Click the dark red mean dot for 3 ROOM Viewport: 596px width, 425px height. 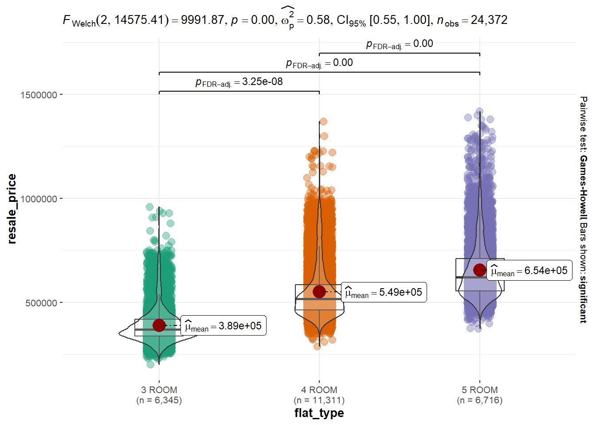(x=159, y=325)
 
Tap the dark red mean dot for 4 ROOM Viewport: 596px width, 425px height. (x=319, y=292)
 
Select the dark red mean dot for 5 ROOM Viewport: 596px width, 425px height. (x=479, y=270)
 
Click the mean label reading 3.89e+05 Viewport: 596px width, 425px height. (x=223, y=326)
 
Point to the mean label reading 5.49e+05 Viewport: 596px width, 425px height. (x=384, y=293)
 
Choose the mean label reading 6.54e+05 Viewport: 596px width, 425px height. (x=529, y=271)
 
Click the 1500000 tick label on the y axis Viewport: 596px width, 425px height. (x=39, y=95)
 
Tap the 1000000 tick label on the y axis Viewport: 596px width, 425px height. (x=39, y=199)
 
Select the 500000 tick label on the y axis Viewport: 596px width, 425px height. (x=41, y=303)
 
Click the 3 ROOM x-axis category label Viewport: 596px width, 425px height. (x=159, y=390)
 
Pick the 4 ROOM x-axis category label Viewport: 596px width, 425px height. (x=319, y=390)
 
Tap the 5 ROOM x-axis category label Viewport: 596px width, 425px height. (x=479, y=390)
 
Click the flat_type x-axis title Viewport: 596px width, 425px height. (x=319, y=413)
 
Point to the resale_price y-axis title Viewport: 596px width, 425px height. (x=12, y=209)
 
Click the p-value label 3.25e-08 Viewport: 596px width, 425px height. (x=239, y=82)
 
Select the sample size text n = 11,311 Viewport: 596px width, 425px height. (x=319, y=400)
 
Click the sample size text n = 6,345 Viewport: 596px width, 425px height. (x=159, y=400)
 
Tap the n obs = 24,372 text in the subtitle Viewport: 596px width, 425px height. (x=472, y=20)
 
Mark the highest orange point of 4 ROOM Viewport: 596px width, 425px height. (x=323, y=121)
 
